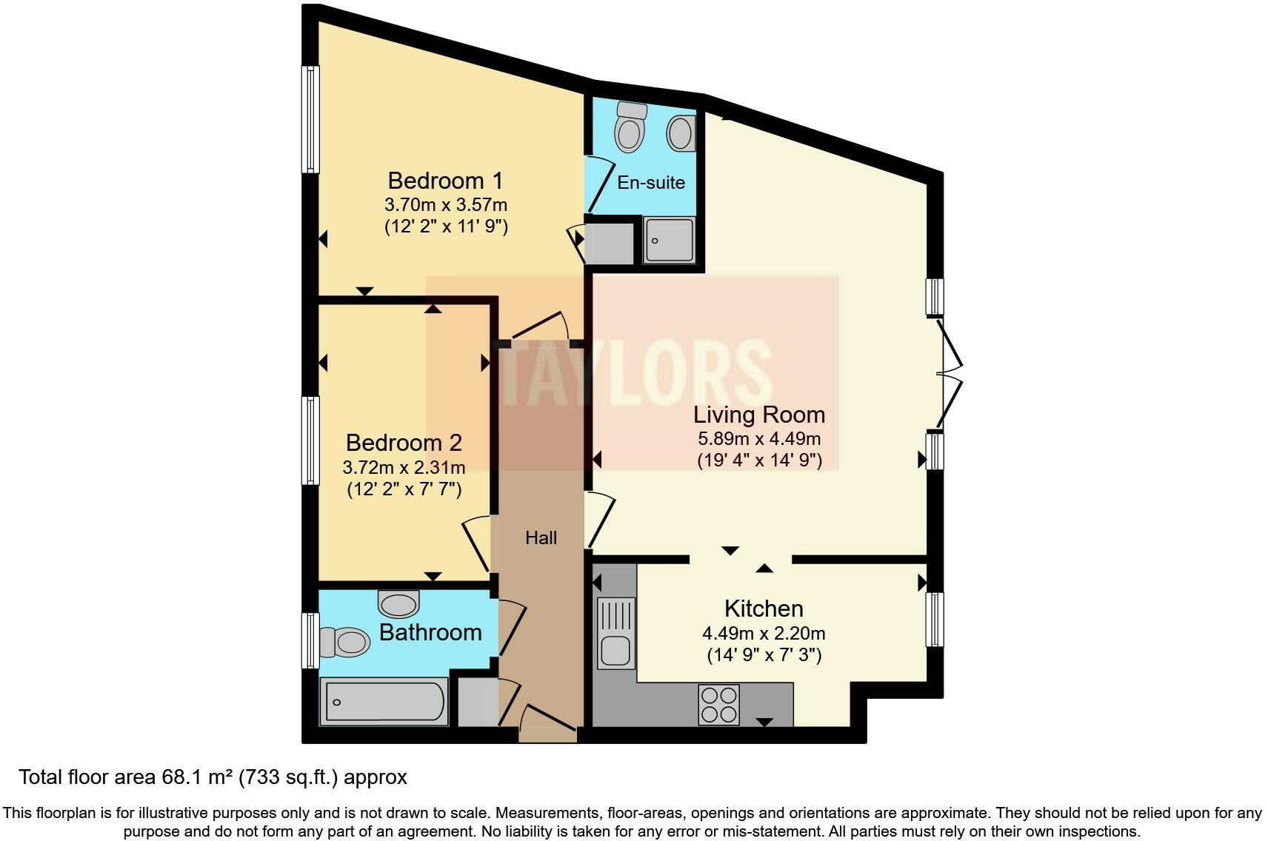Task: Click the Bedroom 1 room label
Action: (445, 181)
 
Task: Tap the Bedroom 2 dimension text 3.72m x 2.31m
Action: (404, 468)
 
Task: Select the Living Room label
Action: (758, 415)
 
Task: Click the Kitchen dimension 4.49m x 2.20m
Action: (764, 634)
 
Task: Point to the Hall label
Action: (541, 538)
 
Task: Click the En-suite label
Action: (651, 183)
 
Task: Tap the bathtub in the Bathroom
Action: (384, 702)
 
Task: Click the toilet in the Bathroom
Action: (344, 642)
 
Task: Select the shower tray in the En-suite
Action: (669, 239)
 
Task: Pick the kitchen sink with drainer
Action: (615, 632)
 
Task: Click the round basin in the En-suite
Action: (680, 134)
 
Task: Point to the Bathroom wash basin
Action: (398, 603)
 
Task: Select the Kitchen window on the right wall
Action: (936, 620)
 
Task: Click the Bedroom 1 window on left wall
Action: (310, 119)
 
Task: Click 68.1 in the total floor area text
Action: (181, 777)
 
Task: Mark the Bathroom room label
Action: (430, 632)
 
